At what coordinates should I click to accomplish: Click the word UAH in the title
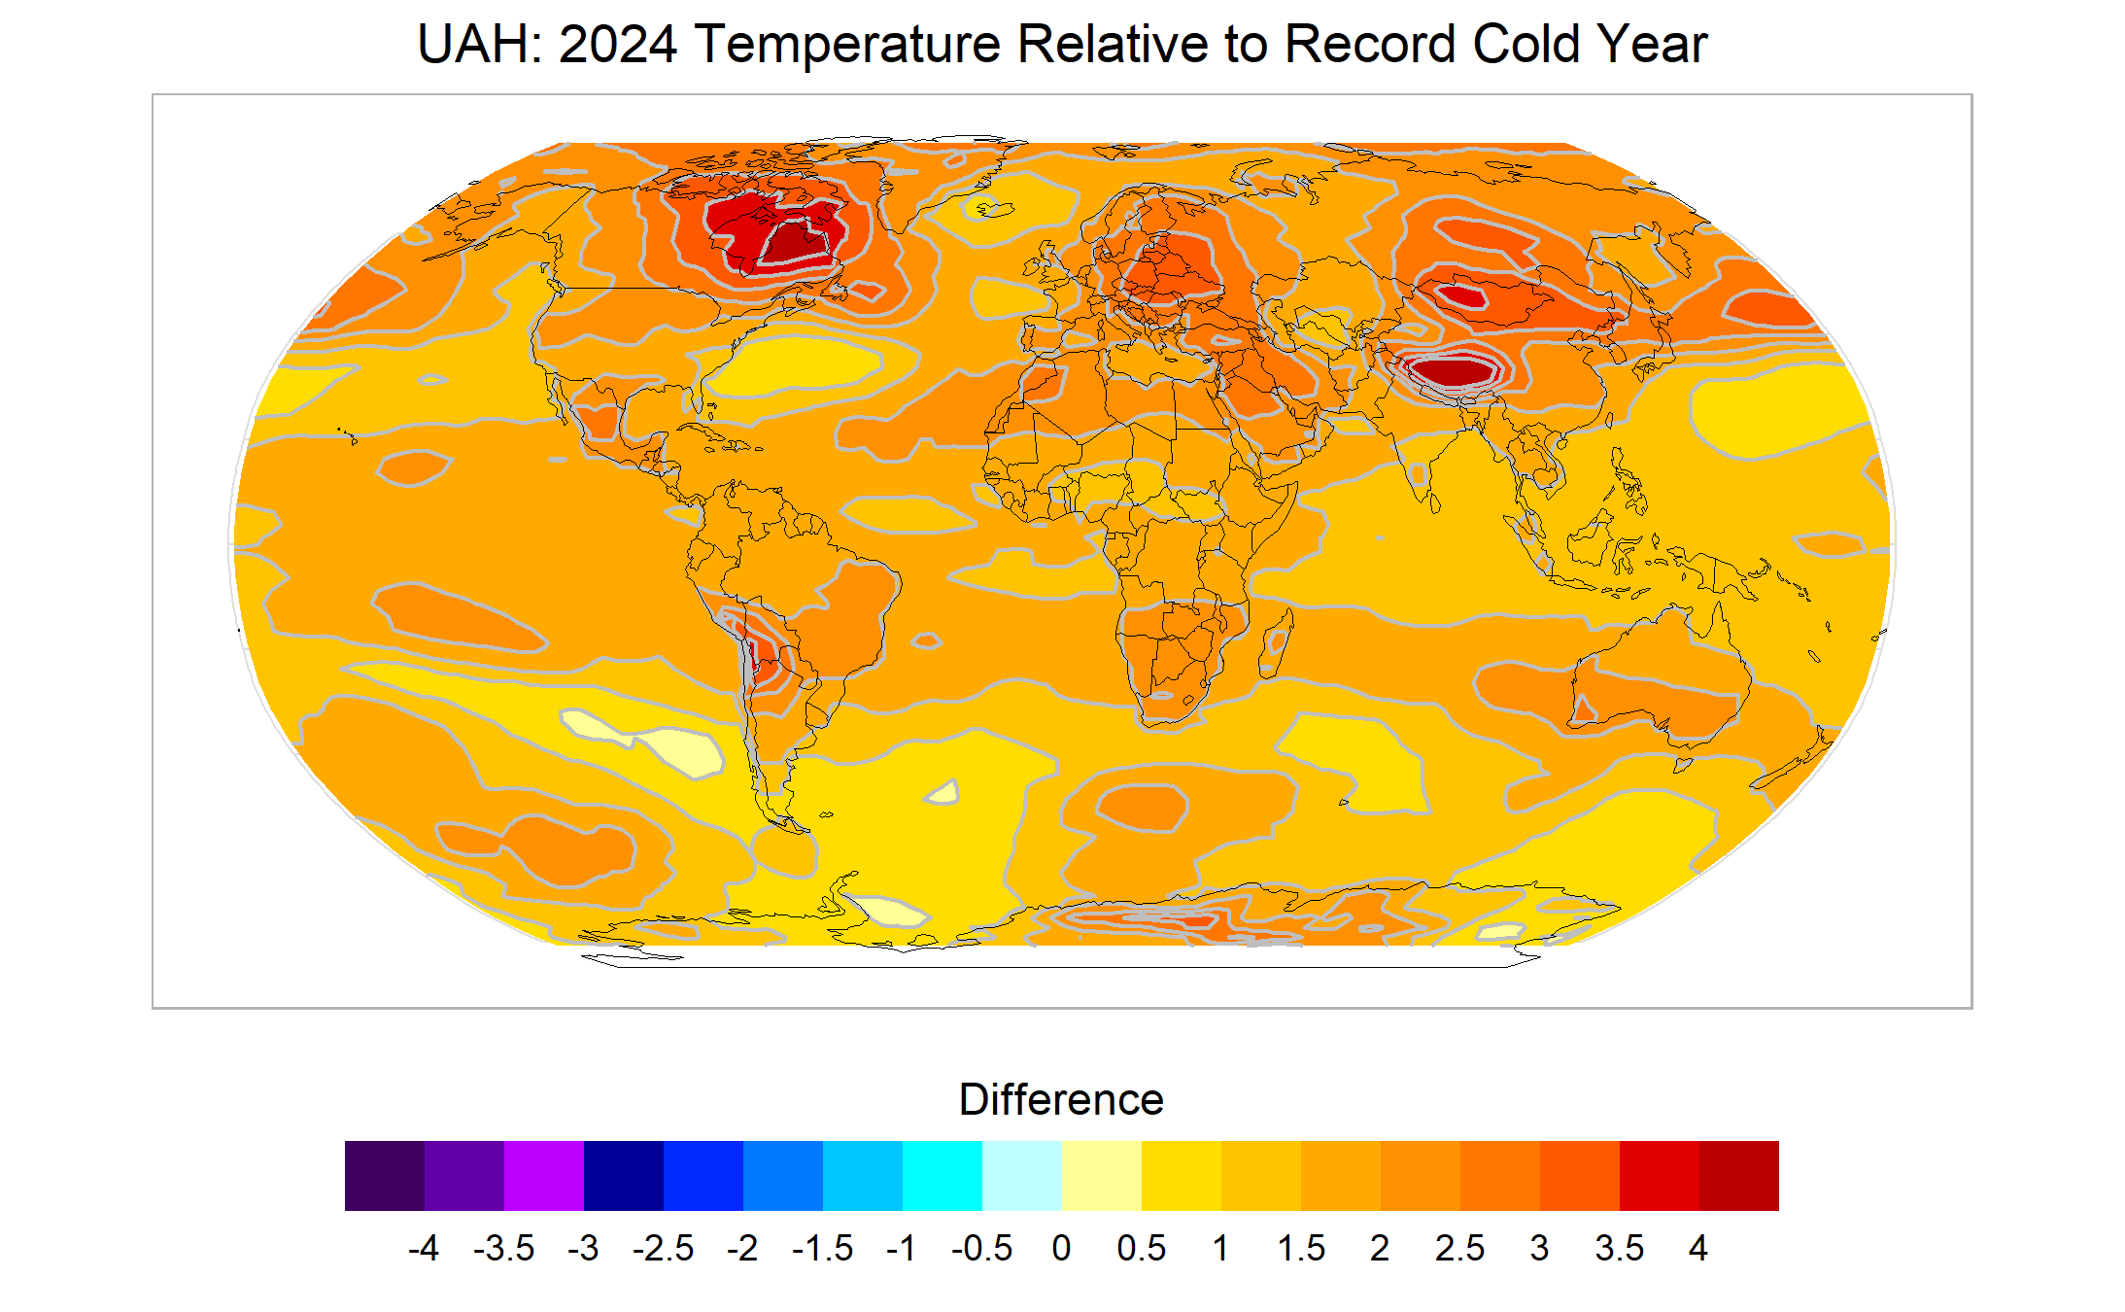[473, 45]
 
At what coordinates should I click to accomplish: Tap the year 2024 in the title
[617, 45]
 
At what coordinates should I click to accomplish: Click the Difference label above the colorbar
[1061, 1100]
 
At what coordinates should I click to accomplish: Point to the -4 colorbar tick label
[424, 1248]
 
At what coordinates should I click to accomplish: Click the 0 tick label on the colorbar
[1061, 1248]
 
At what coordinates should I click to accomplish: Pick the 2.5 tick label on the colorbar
[1459, 1248]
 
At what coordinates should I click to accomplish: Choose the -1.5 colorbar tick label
[822, 1248]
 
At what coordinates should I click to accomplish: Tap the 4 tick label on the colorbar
[1697, 1248]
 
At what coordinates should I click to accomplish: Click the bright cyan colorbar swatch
[943, 1175]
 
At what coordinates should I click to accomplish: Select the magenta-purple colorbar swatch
[544, 1175]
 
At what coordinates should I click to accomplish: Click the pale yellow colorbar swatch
[1102, 1175]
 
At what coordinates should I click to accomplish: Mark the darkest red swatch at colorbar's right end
[1739, 1175]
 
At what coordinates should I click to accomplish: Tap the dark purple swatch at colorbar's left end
[385, 1175]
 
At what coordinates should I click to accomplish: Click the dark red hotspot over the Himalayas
[1453, 369]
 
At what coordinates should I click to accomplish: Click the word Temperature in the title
[847, 45]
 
